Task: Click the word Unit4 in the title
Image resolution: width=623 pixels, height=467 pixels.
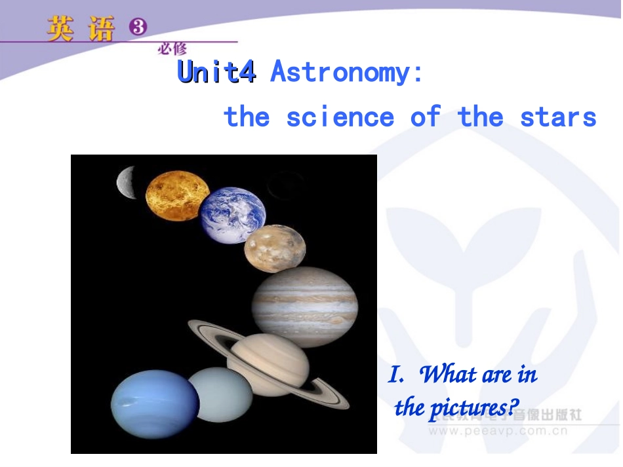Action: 216,72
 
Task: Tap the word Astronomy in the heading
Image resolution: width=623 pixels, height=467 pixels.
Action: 340,72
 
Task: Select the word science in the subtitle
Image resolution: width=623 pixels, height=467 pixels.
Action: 340,117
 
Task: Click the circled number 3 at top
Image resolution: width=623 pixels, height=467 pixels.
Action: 138,27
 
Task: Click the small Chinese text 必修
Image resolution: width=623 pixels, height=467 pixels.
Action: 172,48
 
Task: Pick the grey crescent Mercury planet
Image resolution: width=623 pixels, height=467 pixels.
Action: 126,182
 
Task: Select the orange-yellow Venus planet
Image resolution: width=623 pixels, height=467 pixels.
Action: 176,195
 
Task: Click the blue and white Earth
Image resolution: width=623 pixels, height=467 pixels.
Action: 233,215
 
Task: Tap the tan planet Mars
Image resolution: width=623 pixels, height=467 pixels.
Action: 275,248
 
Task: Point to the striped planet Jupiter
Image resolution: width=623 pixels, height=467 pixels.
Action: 305,307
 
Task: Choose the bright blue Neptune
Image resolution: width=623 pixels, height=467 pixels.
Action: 155,403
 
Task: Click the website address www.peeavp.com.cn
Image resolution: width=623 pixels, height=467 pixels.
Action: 498,431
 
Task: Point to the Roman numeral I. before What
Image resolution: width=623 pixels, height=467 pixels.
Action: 395,375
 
